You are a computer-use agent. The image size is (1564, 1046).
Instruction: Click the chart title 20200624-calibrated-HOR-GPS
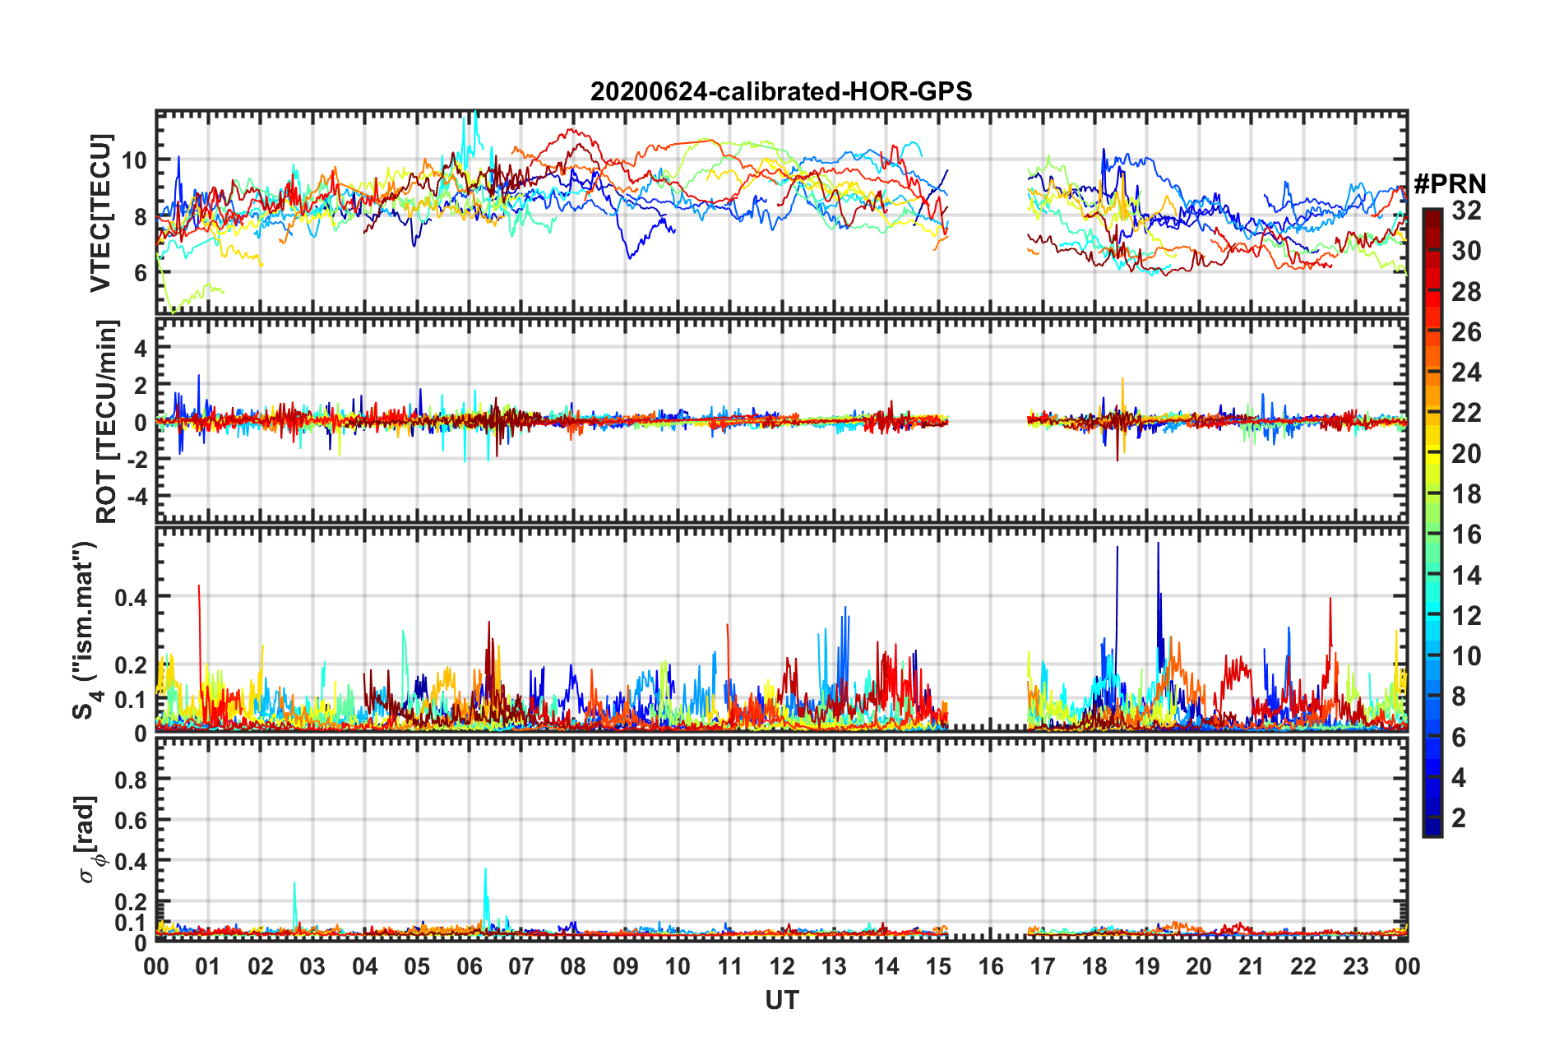pos(781,91)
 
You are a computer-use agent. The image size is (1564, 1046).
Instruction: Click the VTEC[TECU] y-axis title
pos(100,213)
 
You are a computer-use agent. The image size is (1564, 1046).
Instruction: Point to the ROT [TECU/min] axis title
pos(107,422)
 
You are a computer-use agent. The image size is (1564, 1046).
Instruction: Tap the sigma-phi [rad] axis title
pos(88,839)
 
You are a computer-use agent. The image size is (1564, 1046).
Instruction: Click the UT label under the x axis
pos(781,1000)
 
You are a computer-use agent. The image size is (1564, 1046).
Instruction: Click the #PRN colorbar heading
pos(1450,183)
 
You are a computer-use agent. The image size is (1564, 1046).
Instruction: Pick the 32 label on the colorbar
pos(1466,211)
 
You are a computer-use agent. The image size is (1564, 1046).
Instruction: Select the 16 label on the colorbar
pos(1466,535)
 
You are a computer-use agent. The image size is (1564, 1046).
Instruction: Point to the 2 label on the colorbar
pos(1459,817)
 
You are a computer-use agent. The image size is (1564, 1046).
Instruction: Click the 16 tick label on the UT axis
pos(991,966)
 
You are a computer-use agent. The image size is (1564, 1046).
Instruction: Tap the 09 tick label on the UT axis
pos(626,966)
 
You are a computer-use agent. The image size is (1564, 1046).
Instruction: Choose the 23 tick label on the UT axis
pos(1355,966)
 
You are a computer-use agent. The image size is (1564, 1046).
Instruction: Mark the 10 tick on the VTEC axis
pos(135,160)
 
